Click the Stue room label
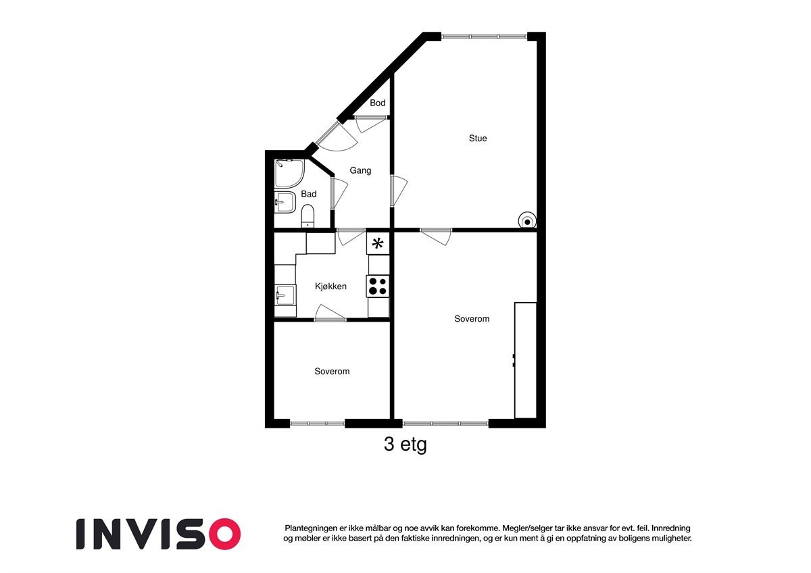tap(478, 139)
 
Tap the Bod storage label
tap(378, 103)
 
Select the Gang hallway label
tap(360, 170)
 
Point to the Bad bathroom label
tap(309, 194)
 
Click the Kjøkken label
tap(330, 286)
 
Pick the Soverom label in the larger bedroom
tap(472, 319)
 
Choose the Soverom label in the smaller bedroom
tap(332, 372)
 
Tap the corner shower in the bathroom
tap(289, 173)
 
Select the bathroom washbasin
tap(285, 202)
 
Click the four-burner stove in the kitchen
tap(378, 286)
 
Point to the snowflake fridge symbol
tap(378, 243)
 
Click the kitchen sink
tap(285, 295)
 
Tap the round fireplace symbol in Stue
tap(526, 220)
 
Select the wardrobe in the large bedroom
tap(525, 360)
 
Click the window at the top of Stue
tap(484, 36)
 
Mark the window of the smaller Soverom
tap(317, 424)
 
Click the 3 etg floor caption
tap(405, 445)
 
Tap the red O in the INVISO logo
tap(223, 534)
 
